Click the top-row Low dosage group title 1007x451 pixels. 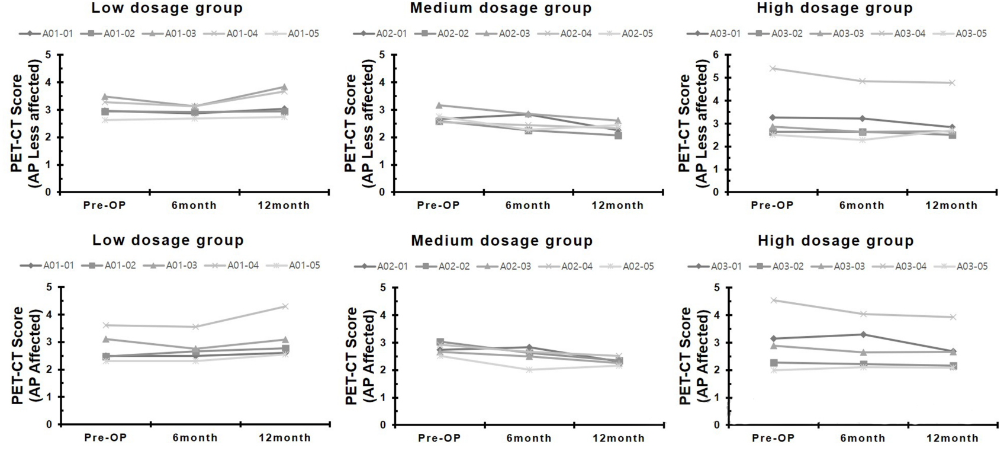click(x=166, y=8)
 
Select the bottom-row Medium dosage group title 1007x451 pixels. click(x=501, y=241)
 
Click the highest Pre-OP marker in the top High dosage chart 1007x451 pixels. click(x=773, y=68)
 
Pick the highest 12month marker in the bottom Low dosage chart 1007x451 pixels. click(x=285, y=306)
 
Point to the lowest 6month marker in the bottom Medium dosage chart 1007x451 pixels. click(x=529, y=370)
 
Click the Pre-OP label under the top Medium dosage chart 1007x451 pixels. click(x=438, y=206)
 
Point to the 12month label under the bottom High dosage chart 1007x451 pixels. click(x=953, y=439)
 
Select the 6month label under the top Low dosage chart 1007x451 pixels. click(x=194, y=206)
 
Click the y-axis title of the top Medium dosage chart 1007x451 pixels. click(x=359, y=123)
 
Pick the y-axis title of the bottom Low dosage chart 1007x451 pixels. click(x=26, y=355)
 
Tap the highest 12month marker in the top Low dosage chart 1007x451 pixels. click(x=284, y=87)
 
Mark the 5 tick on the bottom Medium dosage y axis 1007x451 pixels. click(x=383, y=287)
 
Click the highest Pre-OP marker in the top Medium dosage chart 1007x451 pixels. click(x=439, y=105)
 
